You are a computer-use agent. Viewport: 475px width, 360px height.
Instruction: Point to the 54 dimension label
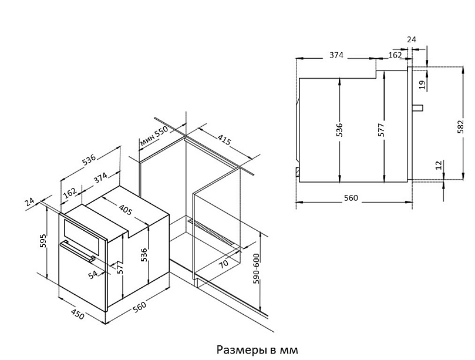(92, 275)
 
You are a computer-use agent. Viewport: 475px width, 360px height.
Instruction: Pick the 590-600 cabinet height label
(256, 269)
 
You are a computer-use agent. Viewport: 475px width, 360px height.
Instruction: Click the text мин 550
(154, 137)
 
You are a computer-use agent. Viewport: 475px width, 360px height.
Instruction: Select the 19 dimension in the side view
(422, 85)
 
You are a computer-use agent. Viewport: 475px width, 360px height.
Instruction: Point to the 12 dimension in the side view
(438, 166)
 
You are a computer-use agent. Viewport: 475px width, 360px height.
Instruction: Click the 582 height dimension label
(460, 127)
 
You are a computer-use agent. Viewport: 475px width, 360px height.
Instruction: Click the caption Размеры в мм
(257, 350)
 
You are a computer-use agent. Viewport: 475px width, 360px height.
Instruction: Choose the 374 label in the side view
(335, 55)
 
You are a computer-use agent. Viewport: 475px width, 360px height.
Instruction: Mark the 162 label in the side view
(395, 55)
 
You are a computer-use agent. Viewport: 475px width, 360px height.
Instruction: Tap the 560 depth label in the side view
(350, 198)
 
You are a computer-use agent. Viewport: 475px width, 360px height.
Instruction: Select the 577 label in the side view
(382, 130)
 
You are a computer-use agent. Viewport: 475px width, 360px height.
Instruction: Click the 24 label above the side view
(411, 40)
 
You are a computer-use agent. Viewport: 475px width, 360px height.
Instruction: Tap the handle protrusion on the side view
(417, 107)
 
